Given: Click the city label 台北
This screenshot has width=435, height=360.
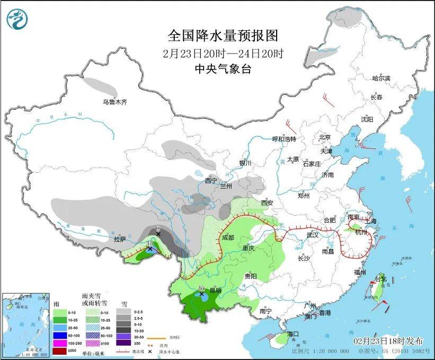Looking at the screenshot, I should pyautogui.click(x=381, y=279).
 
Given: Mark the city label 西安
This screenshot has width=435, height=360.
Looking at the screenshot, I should pyautogui.click(x=267, y=203).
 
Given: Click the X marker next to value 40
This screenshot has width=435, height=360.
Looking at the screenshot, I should pyautogui.click(x=201, y=294).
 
